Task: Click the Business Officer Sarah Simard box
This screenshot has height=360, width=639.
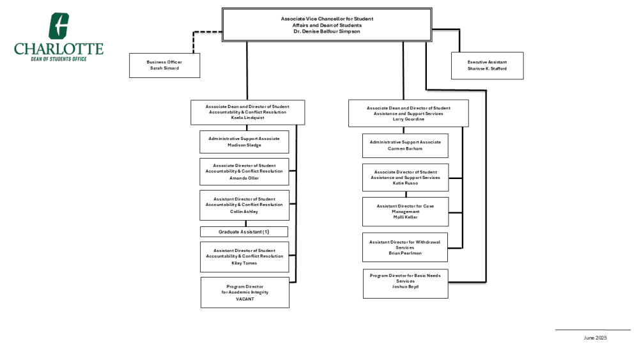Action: pyautogui.click(x=165, y=65)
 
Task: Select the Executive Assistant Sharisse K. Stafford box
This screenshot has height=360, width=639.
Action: pyautogui.click(x=488, y=66)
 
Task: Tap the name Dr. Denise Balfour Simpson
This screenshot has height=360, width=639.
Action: pyautogui.click(x=327, y=31)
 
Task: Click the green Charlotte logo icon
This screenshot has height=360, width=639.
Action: pyautogui.click(x=59, y=26)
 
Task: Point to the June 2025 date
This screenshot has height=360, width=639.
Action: pyautogui.click(x=595, y=338)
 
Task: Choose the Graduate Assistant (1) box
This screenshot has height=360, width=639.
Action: pyautogui.click(x=244, y=231)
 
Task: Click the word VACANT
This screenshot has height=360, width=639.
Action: pyautogui.click(x=245, y=299)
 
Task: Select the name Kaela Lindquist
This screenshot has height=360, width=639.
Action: pyautogui.click(x=248, y=118)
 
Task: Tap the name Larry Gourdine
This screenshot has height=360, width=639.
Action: pyautogui.click(x=408, y=119)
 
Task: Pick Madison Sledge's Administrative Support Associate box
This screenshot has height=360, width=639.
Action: pyautogui.click(x=244, y=142)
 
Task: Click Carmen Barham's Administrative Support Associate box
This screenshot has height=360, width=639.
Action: pyautogui.click(x=405, y=146)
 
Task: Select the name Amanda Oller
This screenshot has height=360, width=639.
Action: pyautogui.click(x=244, y=178)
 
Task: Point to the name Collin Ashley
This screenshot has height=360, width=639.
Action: pyautogui.click(x=244, y=212)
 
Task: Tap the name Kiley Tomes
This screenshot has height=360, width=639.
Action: pyautogui.click(x=244, y=263)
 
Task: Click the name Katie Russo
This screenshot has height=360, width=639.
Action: pyautogui.click(x=405, y=183)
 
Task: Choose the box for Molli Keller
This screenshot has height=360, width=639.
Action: pyautogui.click(x=406, y=212)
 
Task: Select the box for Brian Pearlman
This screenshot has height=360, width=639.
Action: pyautogui.click(x=405, y=247)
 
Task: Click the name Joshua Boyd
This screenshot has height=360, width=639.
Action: pyautogui.click(x=405, y=286)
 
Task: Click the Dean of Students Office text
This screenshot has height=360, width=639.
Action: pyautogui.click(x=59, y=59)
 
